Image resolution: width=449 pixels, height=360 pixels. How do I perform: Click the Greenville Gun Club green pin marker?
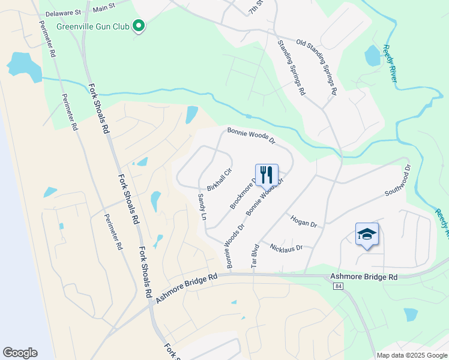(139, 26)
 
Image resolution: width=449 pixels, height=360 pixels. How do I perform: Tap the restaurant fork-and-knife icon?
(267, 175)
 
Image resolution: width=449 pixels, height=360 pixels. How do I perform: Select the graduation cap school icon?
(367, 234)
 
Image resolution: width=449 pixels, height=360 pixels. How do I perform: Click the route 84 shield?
(338, 287)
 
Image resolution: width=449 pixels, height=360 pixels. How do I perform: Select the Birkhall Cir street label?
(219, 179)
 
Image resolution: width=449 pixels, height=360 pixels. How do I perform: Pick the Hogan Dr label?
(303, 221)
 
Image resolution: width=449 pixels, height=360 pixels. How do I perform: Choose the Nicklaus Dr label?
(286, 247)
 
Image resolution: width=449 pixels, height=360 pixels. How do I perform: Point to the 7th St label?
(256, 7)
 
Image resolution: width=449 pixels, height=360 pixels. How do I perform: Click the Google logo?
(20, 353)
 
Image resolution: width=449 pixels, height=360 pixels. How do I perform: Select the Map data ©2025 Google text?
(412, 355)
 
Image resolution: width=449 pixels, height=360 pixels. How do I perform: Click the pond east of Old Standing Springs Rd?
(372, 56)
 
